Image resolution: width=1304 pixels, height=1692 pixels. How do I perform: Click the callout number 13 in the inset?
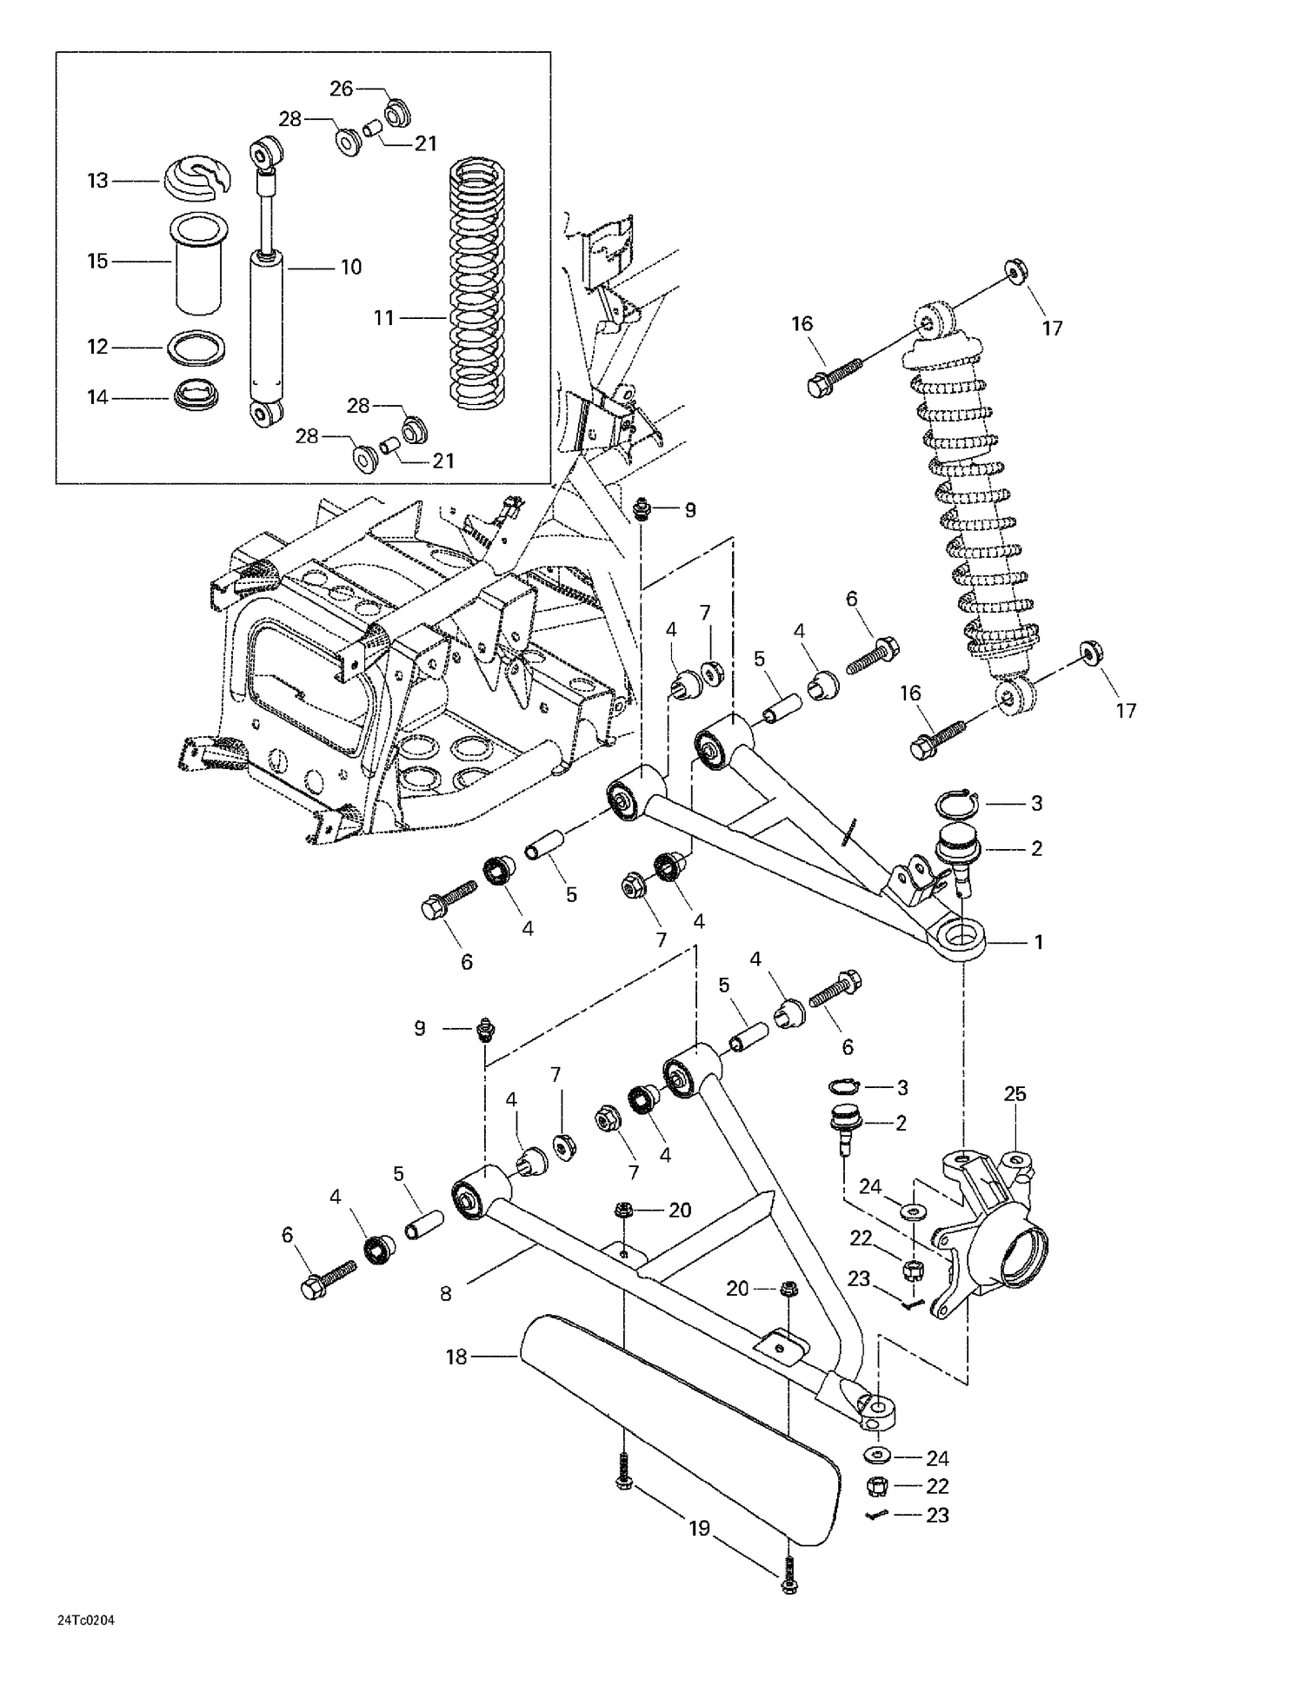[x=97, y=181]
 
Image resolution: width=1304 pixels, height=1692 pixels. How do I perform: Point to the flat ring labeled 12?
[x=196, y=347]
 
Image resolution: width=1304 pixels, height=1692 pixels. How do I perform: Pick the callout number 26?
[x=342, y=89]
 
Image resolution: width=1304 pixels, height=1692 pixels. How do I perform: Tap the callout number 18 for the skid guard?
[x=457, y=1357]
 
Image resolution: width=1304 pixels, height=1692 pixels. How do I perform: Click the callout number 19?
[x=700, y=1529]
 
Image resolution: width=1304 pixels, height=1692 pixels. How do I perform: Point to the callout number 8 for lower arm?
[x=446, y=1294]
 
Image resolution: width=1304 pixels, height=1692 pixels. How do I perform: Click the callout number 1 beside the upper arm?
[x=1037, y=942]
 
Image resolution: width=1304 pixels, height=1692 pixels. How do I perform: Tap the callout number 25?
[x=1015, y=1094]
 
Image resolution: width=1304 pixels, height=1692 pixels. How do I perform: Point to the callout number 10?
[x=350, y=268]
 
